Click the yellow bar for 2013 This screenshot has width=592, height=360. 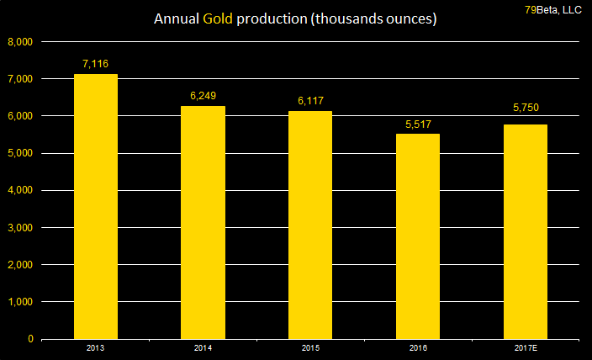click(x=96, y=206)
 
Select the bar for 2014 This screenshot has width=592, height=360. click(x=203, y=222)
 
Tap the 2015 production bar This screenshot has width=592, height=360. click(x=310, y=225)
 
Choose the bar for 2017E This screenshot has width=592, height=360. click(x=525, y=231)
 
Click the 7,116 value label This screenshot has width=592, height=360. click(x=96, y=64)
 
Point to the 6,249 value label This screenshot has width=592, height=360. click(x=203, y=96)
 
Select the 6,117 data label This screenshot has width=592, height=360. click(x=310, y=101)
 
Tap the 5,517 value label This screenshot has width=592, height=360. click(x=417, y=124)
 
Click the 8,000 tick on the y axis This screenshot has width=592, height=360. click(x=19, y=41)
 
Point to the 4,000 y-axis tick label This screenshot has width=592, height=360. click(x=19, y=190)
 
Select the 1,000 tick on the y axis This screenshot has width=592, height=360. click(x=19, y=302)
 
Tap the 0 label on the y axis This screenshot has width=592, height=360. click(x=30, y=339)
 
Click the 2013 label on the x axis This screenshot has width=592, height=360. click(x=96, y=347)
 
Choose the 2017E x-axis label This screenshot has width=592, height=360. click(x=525, y=347)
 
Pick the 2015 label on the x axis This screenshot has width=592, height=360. click(x=310, y=347)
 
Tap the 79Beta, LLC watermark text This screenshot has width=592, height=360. click(x=553, y=9)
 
